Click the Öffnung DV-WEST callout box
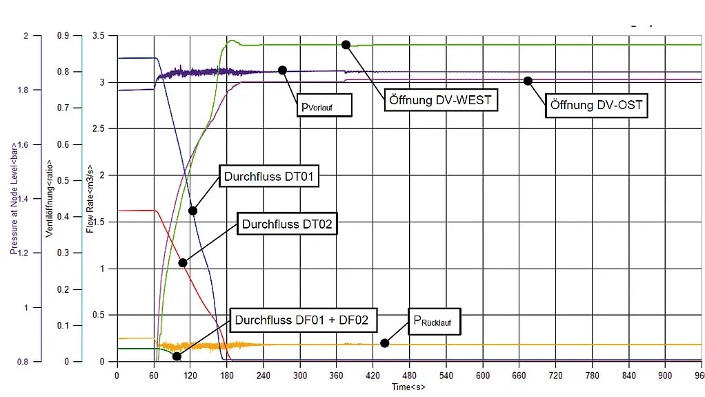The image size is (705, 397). tap(441, 100)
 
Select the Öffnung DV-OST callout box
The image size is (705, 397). tap(596, 106)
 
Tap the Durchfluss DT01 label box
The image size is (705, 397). tap(269, 176)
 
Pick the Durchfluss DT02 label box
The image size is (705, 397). tap(287, 224)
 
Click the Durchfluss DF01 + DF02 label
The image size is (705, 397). tap(303, 320)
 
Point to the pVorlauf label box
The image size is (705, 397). tap(324, 106)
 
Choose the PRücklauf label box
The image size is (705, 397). tap(435, 321)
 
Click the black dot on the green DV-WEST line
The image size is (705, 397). tap(346, 45)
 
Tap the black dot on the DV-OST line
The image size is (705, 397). tap(528, 81)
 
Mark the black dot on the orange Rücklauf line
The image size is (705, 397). tap(384, 343)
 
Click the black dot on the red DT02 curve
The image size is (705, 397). tap(183, 263)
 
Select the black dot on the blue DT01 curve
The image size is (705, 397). tap(192, 211)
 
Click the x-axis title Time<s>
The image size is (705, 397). tap(408, 387)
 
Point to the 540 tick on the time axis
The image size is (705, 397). tap(446, 376)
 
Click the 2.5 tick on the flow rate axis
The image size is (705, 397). tap(98, 128)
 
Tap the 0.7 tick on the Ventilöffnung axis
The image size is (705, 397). tap(63, 108)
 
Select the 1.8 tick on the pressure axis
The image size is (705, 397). tap(23, 90)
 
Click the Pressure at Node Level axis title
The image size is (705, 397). tap(14, 199)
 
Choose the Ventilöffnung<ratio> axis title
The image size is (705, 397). tap(49, 198)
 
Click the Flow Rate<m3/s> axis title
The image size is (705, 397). tap(90, 199)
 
